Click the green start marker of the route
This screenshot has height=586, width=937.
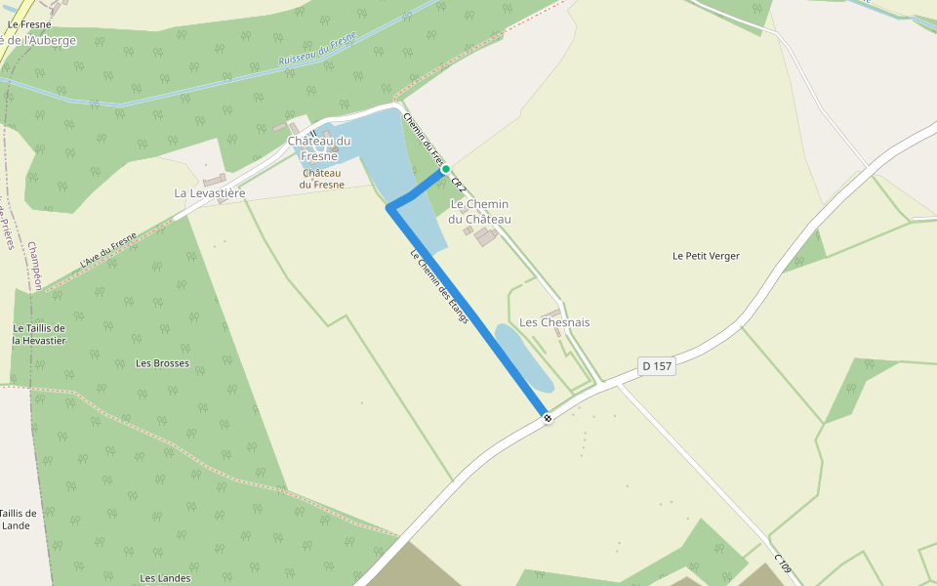[x=446, y=169]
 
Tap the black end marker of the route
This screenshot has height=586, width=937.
[x=549, y=418]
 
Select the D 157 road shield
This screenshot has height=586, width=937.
[x=657, y=366]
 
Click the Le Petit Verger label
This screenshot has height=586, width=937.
[x=706, y=256]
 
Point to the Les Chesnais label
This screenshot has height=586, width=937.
[x=554, y=322]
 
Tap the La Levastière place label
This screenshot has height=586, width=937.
[x=209, y=193]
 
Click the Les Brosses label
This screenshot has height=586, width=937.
[x=162, y=363]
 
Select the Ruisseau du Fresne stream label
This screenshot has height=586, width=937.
[x=317, y=49]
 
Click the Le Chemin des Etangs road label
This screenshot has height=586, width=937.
[x=439, y=288]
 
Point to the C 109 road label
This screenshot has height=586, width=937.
[x=783, y=565]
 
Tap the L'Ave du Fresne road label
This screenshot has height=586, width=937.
[x=108, y=251]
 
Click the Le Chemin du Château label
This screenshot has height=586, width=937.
[x=479, y=211]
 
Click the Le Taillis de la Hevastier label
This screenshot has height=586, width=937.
[x=39, y=334]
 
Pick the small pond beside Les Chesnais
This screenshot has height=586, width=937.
[x=523, y=356]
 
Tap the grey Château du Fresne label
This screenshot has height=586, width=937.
[x=319, y=148]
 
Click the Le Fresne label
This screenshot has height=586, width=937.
[x=29, y=23]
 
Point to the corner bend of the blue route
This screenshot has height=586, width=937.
[x=390, y=207]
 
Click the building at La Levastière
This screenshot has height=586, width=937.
[x=214, y=180]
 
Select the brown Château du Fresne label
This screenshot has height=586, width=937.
[x=322, y=179]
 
